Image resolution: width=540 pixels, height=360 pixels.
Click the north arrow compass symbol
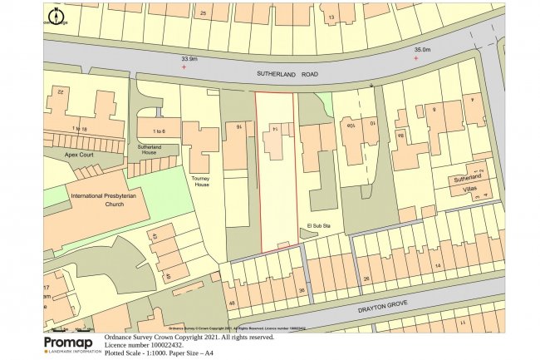tap(56, 16)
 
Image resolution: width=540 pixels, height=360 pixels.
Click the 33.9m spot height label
tap(190, 59)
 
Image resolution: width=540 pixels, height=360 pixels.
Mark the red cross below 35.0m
tap(416, 58)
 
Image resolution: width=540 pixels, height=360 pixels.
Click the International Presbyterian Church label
tap(108, 200)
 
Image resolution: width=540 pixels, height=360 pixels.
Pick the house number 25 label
tap(204, 14)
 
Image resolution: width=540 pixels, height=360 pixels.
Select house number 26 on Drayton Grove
tap(366, 279)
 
